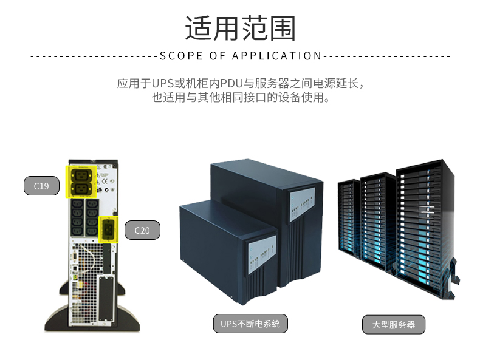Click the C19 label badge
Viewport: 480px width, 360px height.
coord(41,186)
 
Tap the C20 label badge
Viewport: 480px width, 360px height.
coord(142,230)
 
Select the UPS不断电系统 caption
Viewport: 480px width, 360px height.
coord(250,324)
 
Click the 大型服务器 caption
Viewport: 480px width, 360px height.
coord(394,325)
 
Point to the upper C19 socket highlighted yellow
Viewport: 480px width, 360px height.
coord(81,175)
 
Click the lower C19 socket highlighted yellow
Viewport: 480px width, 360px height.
coord(81,189)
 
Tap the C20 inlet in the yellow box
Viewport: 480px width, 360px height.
coord(108,229)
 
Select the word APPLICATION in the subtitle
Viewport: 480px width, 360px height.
coord(276,56)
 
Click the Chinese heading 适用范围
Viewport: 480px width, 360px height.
coord(241,28)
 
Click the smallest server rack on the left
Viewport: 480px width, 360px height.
coord(349,219)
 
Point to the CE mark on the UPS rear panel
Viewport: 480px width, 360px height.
coord(105,182)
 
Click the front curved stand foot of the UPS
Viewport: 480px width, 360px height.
coord(92,318)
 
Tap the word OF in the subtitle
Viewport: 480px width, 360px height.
coord(217,56)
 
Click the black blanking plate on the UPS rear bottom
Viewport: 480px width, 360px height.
coord(106,298)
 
